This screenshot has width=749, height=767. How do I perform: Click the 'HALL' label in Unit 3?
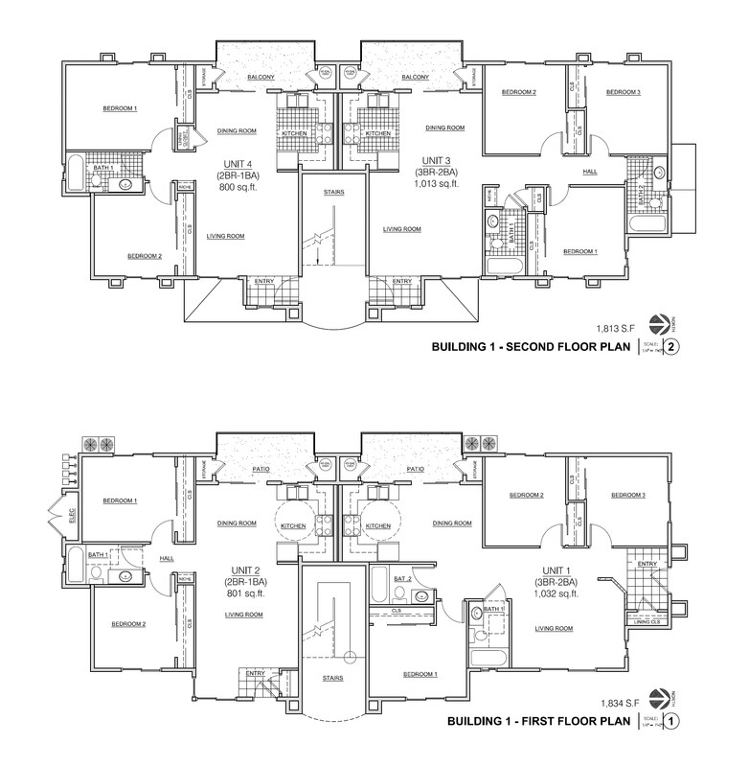(x=590, y=173)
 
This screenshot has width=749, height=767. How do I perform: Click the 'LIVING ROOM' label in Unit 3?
(x=402, y=229)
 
